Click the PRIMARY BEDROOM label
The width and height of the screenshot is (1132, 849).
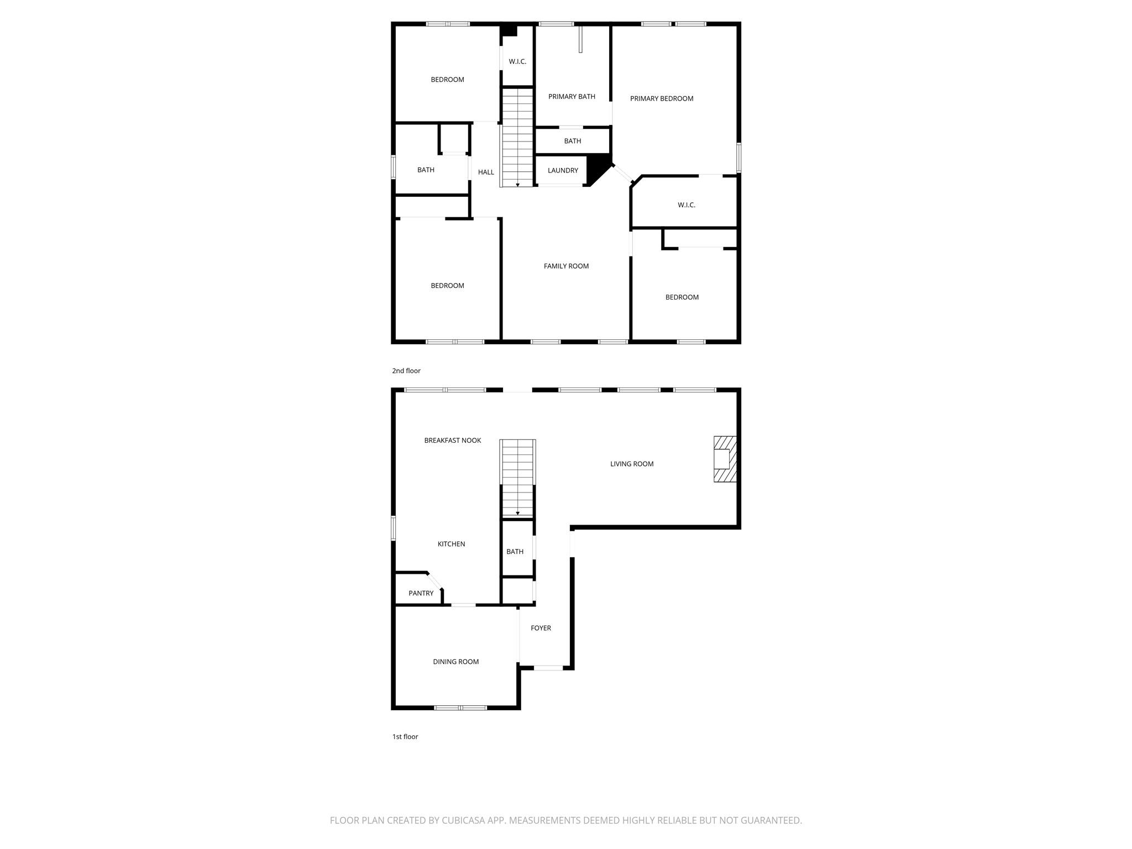pos(662,98)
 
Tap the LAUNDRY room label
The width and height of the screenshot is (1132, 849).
pos(563,170)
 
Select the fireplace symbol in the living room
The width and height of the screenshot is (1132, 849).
pos(725,459)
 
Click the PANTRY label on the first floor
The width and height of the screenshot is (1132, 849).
pos(421,593)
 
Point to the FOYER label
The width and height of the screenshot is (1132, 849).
pos(541,628)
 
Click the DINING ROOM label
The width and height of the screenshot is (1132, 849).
pos(455,662)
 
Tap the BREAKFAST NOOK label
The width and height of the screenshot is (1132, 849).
pos(452,441)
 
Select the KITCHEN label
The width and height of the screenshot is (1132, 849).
pos(451,544)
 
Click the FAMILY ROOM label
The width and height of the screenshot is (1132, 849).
pos(566,266)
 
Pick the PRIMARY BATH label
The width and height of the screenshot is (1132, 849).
pos(572,97)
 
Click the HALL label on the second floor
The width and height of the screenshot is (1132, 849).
pos(486,172)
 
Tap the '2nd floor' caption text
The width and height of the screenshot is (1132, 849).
pos(406,371)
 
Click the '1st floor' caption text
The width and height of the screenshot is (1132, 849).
pos(405,737)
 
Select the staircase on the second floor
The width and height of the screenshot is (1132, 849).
pos(517,138)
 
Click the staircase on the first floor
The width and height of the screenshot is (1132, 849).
pos(517,478)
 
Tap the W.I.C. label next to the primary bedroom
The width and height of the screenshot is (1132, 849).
pos(686,205)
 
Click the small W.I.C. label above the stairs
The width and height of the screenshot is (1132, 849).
pos(517,61)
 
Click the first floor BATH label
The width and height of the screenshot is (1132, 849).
pos(515,552)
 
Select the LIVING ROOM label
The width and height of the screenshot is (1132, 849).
pos(632,464)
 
